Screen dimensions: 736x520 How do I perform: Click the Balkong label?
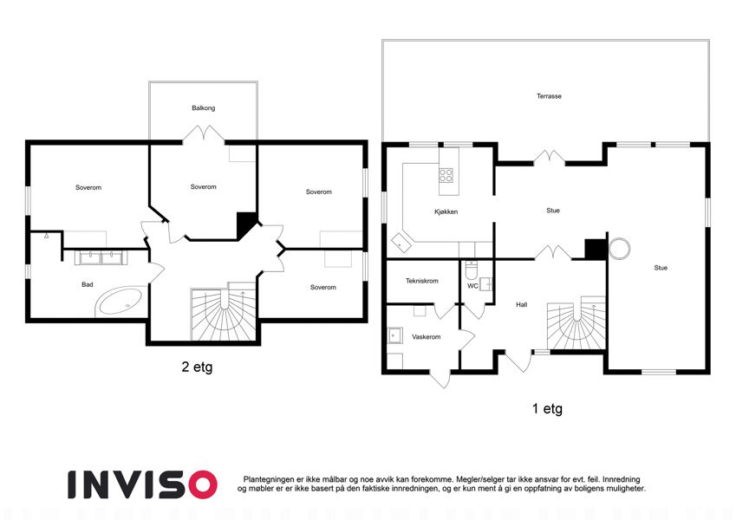coord(203,108)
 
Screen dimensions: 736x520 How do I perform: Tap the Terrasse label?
coord(549,96)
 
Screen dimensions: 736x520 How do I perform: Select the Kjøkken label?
coord(446,211)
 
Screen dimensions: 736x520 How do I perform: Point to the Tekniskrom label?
coord(422,281)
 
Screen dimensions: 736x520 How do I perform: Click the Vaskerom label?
coord(427,337)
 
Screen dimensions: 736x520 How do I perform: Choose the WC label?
coord(472,286)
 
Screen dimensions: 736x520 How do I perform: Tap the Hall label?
coord(522,304)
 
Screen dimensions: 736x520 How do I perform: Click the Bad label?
coord(88,284)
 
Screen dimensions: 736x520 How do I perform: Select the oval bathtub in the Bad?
coord(120,302)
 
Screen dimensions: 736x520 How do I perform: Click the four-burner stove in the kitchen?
coord(446,176)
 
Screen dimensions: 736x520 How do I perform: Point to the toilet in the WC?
coord(471,270)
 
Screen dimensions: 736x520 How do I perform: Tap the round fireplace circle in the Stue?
coord(619,249)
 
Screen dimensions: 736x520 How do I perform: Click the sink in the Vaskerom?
coord(394,336)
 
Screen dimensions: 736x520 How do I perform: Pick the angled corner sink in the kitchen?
coord(401,244)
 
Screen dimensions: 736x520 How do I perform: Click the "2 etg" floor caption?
coord(197,367)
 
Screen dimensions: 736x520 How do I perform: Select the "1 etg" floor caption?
coord(547,409)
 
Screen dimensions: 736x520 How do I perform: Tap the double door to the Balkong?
coord(203,133)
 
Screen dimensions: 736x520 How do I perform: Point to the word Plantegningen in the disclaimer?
coord(269,479)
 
